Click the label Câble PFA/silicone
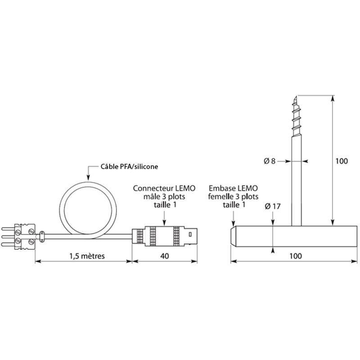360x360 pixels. (129, 166)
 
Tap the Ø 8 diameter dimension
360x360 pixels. (270, 161)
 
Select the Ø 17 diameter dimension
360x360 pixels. (273, 207)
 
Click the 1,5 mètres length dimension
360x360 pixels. (87, 256)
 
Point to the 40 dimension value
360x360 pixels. (165, 256)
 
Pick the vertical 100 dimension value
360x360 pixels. (342, 161)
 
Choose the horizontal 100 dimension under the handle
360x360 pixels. (296, 256)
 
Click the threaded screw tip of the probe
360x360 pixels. (296, 116)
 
